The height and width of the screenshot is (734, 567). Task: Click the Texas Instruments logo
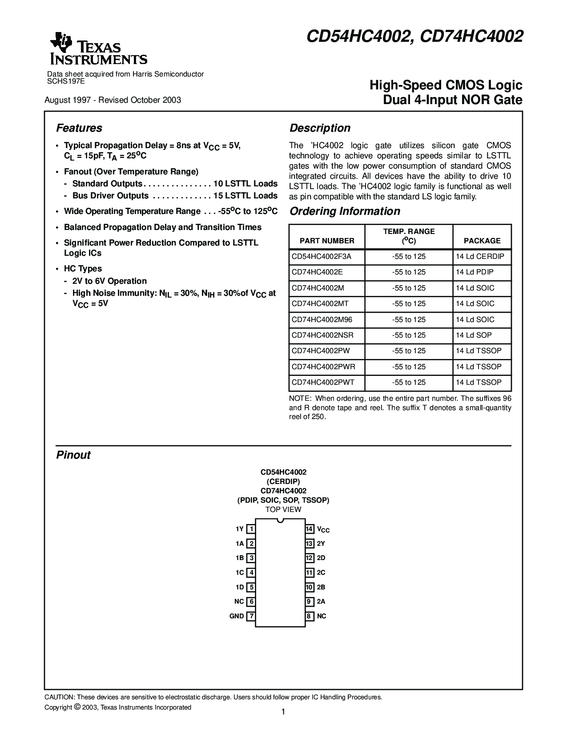point(98,49)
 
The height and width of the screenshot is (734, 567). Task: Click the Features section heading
point(79,128)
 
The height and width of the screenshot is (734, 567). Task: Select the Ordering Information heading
point(345,211)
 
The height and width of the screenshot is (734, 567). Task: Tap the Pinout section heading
point(73,455)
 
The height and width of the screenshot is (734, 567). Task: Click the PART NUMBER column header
point(327,241)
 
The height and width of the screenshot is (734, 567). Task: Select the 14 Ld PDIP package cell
point(475,272)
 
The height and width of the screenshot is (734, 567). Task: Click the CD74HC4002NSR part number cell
point(322,335)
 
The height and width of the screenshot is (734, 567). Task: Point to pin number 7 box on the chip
point(251,616)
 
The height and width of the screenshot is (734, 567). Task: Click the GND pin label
point(237,616)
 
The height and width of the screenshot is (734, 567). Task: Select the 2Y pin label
point(321,544)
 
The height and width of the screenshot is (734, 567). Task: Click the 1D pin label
point(240,587)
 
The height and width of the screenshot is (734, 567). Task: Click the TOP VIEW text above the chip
point(283,509)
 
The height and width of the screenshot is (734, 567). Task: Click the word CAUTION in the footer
point(60,697)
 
